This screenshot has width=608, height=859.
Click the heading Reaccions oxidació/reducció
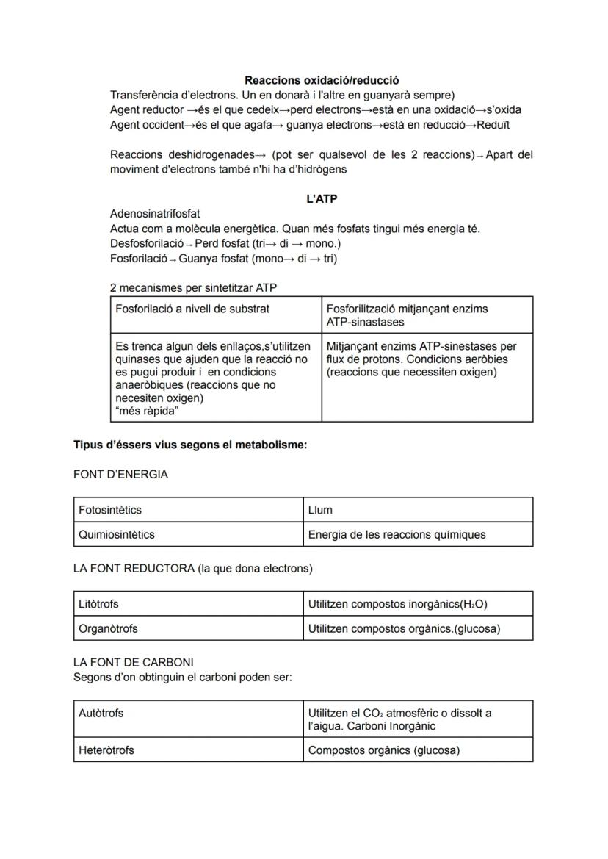point(322,80)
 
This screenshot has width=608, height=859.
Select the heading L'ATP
point(322,199)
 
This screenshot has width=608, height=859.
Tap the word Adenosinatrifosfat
point(155,214)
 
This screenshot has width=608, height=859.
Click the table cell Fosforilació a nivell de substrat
point(192,309)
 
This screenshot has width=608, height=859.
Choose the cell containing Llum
point(320,510)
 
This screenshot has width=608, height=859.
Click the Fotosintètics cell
point(110,510)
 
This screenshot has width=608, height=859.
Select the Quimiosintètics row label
point(117,534)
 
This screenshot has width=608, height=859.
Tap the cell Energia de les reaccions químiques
point(397,534)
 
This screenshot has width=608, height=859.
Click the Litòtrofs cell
point(98,604)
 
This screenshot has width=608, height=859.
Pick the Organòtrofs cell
point(108,628)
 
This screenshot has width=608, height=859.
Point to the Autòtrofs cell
point(101,713)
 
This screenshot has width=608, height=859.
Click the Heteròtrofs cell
point(106,750)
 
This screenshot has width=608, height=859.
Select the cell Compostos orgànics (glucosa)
point(383,750)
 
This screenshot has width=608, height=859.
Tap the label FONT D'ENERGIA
point(120,475)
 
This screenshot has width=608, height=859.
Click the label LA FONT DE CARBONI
point(134,662)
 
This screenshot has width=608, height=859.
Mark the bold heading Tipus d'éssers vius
point(189,445)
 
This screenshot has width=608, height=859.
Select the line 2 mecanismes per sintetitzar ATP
point(193,287)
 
